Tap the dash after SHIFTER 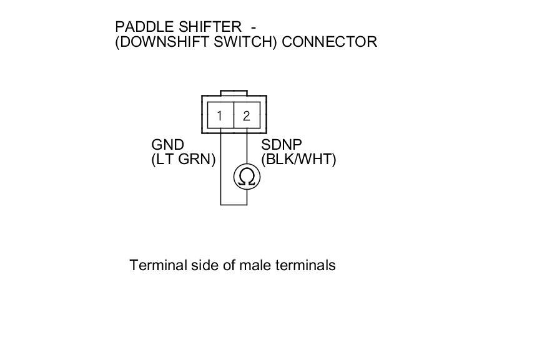coord(253,27)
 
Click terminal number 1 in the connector coord(220,116)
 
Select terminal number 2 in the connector coord(247,116)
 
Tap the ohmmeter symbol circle coord(247,178)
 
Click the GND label coord(168,145)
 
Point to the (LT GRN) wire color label coord(183,160)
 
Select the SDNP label coord(282,145)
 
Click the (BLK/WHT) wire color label coord(298,160)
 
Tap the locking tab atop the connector coord(234,93)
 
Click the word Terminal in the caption coord(158,265)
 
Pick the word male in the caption coord(256,265)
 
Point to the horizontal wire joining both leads coord(234,204)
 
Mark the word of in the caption coord(229,265)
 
